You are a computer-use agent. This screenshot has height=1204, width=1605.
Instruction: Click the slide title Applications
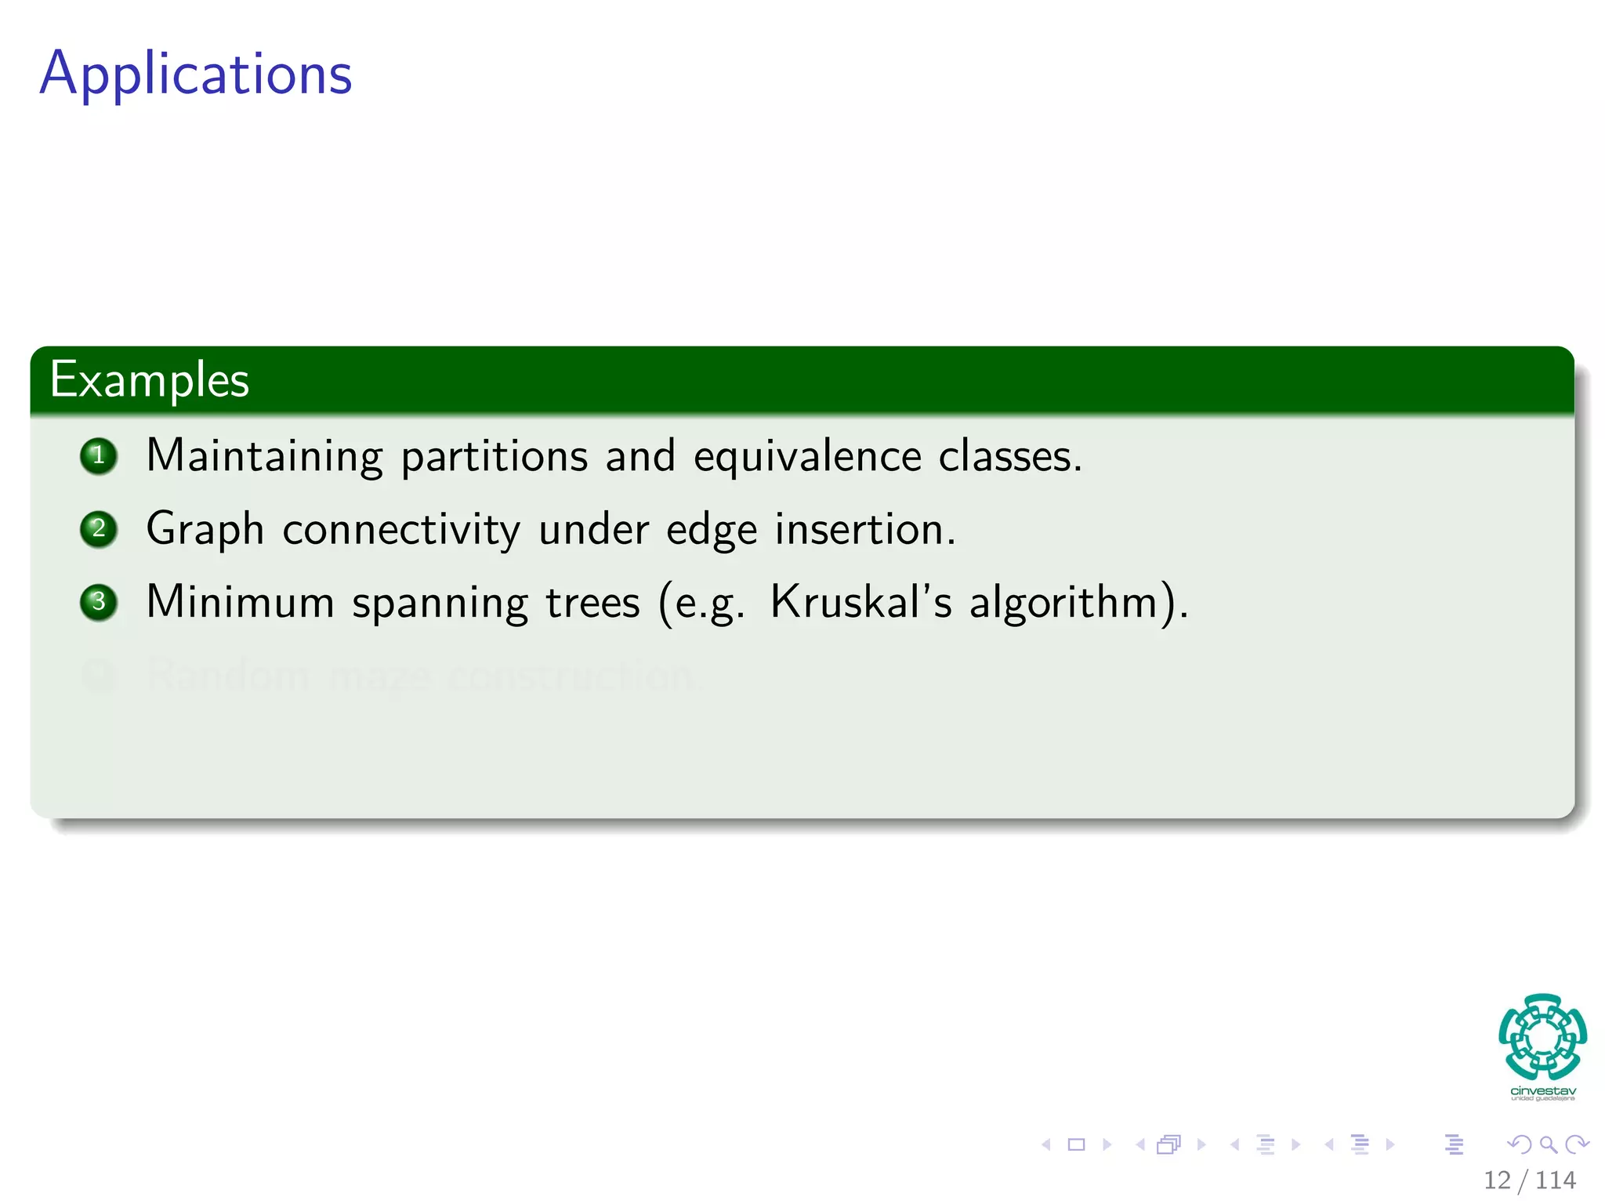196,74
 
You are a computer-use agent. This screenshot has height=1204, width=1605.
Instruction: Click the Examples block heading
150,380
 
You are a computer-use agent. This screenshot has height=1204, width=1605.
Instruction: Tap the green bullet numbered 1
99,456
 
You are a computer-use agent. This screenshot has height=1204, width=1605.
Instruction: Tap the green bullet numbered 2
99,529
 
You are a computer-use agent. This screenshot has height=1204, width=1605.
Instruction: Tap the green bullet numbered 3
99,602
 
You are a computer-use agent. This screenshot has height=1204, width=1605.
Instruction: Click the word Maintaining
264,456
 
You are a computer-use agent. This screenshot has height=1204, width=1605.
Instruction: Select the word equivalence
807,456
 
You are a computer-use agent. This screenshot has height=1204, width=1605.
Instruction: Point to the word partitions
494,456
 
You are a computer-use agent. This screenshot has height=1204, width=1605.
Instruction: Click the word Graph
205,529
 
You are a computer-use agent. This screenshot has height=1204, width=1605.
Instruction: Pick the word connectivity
401,529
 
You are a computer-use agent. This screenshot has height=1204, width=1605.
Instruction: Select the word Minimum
240,602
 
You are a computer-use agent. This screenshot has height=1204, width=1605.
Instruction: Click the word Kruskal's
860,602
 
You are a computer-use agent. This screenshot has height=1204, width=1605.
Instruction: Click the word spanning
440,604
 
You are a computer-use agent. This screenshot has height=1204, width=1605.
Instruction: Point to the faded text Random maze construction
419,675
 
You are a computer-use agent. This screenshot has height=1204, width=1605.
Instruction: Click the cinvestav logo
1542,1046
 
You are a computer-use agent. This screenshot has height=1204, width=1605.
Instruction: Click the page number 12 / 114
1529,1180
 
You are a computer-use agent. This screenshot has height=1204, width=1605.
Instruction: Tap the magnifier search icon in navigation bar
1548,1144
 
